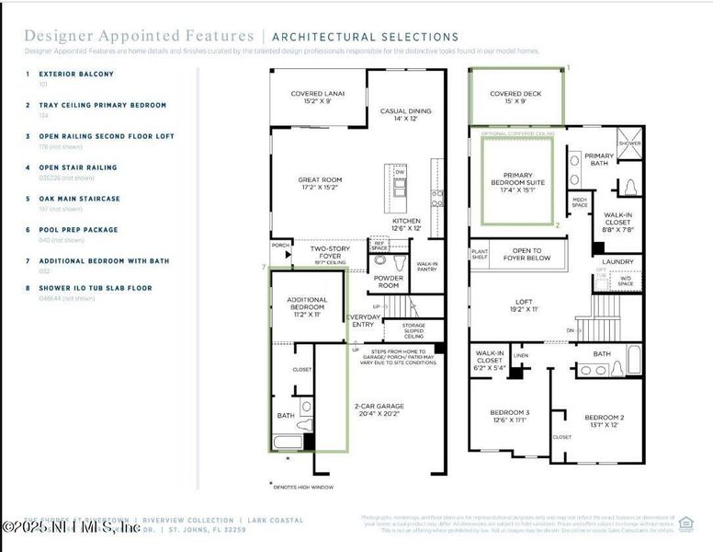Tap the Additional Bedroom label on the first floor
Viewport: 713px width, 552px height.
pos(307,306)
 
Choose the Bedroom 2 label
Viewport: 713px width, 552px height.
pos(603,420)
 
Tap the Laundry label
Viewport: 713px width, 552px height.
pos(617,262)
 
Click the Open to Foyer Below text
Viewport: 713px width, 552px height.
pos(527,255)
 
